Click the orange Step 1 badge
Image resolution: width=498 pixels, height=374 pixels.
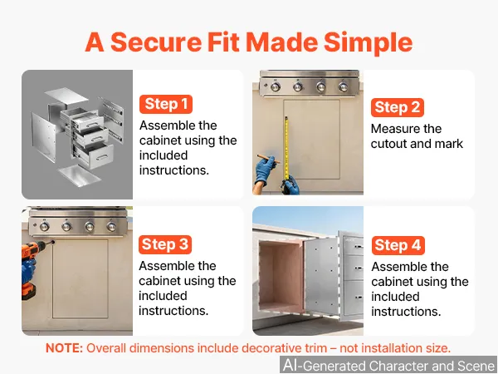point(166,104)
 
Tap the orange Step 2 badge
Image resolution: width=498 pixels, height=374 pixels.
point(398,107)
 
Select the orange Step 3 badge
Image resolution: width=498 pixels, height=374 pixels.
point(165,244)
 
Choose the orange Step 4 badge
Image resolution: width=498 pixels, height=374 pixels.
point(398,245)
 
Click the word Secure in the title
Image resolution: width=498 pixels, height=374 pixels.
point(156,42)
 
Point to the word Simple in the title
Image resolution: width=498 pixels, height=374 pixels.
point(368,43)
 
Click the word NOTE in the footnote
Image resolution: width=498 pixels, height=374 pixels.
point(64,348)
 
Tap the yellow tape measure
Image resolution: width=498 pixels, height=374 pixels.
point(286,149)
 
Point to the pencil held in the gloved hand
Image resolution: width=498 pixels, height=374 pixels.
point(268,158)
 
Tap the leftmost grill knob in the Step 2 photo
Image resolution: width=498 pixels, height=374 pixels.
point(276,86)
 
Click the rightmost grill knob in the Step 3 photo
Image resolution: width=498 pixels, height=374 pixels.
point(111,226)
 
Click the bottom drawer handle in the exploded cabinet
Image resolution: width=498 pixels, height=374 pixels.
point(101,157)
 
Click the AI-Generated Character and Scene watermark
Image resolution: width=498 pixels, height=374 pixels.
point(388,365)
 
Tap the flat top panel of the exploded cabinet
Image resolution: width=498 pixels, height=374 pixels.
point(66,95)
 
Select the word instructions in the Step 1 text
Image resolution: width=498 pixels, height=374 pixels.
point(174,170)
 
